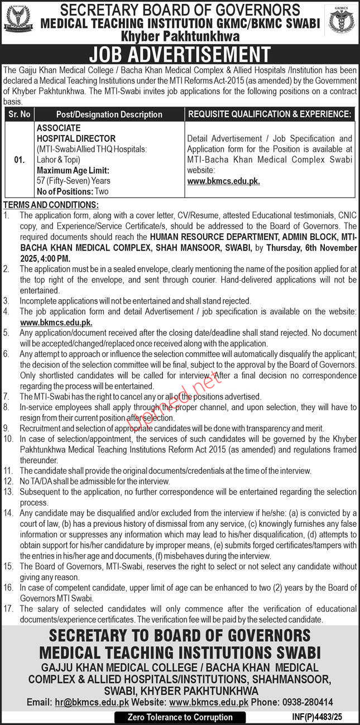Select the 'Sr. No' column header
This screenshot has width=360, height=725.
[20, 114]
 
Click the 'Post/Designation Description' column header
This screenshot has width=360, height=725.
[110, 114]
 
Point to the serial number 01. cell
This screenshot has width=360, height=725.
[20, 160]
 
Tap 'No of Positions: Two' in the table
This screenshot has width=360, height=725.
[72, 191]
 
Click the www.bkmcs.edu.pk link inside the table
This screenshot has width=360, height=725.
[224, 181]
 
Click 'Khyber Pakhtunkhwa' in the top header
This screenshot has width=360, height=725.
[180, 36]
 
